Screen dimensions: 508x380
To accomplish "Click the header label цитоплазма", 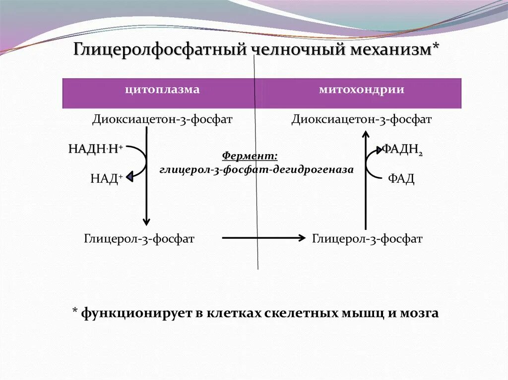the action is [162, 90].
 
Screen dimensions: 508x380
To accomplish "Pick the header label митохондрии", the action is [361, 90].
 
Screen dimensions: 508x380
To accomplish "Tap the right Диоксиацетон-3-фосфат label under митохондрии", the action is [361, 119].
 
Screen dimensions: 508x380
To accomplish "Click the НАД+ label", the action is [106, 178].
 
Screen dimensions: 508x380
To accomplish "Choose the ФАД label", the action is [400, 178].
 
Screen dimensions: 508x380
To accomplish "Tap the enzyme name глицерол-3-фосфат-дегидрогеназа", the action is [256, 169].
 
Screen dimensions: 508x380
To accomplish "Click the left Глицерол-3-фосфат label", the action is [139, 239].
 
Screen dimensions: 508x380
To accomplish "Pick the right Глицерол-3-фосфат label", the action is [367, 239].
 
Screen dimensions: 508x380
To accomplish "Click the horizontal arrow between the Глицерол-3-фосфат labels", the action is [263, 238].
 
